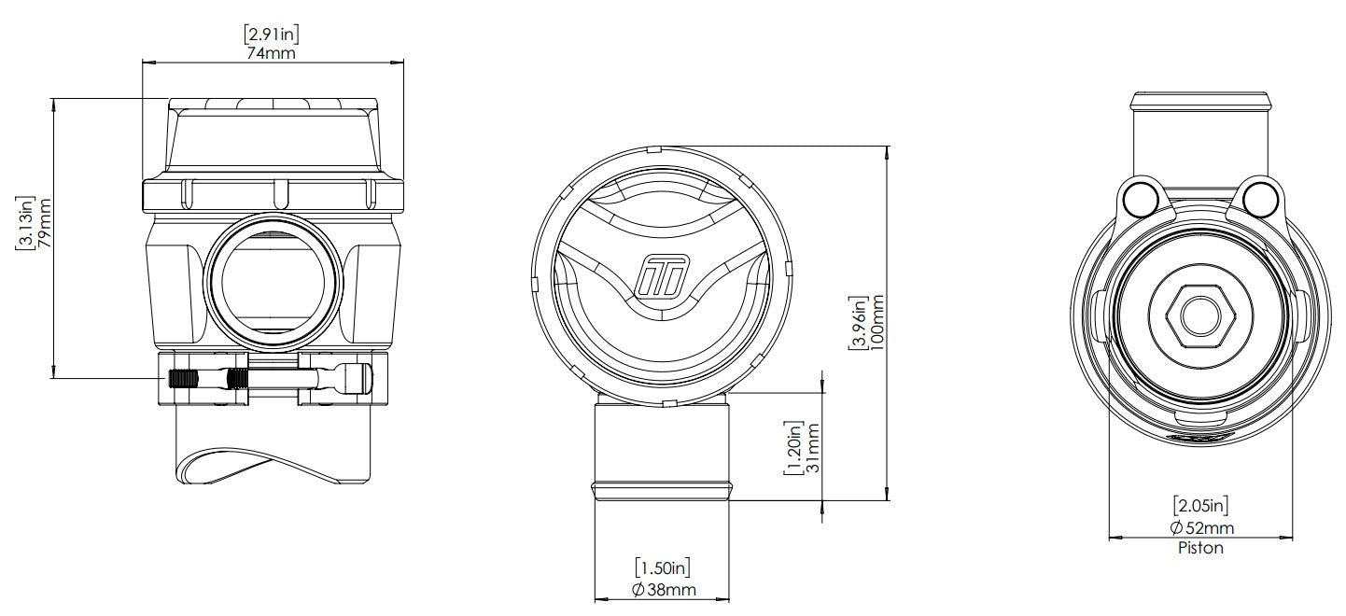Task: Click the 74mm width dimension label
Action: (x=271, y=53)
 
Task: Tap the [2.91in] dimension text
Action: (x=271, y=33)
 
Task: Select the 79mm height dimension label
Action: (x=45, y=223)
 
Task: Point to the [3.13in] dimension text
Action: (x=25, y=222)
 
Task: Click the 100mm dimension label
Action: (x=876, y=323)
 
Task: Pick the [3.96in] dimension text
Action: (x=858, y=323)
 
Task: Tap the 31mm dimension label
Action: (x=812, y=448)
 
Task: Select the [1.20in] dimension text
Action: (x=793, y=448)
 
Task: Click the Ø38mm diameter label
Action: (x=664, y=590)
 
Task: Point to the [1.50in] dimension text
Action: (x=662, y=567)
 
